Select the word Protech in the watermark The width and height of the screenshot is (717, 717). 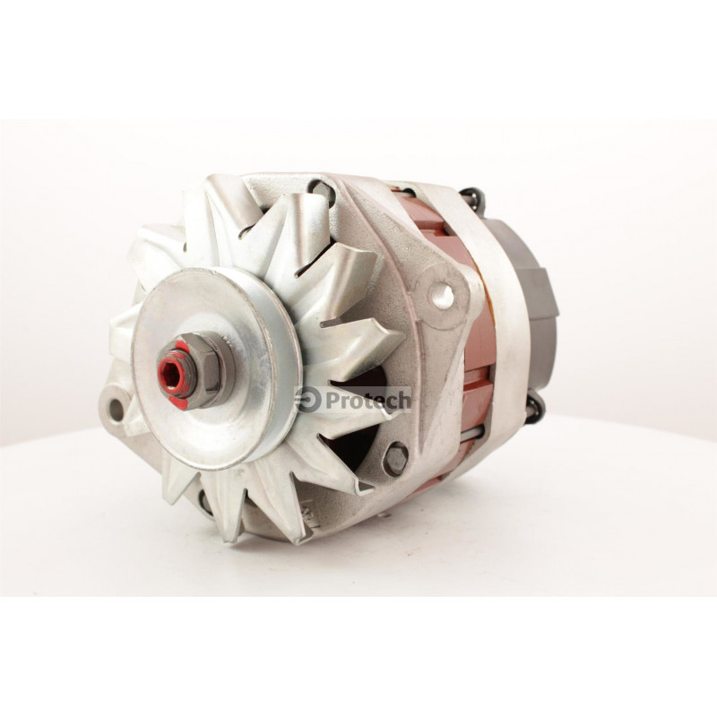(x=368, y=401)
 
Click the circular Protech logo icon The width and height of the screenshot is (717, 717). (x=308, y=400)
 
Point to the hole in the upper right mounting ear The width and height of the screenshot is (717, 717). (x=443, y=296)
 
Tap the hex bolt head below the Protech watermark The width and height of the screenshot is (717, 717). (x=395, y=459)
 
